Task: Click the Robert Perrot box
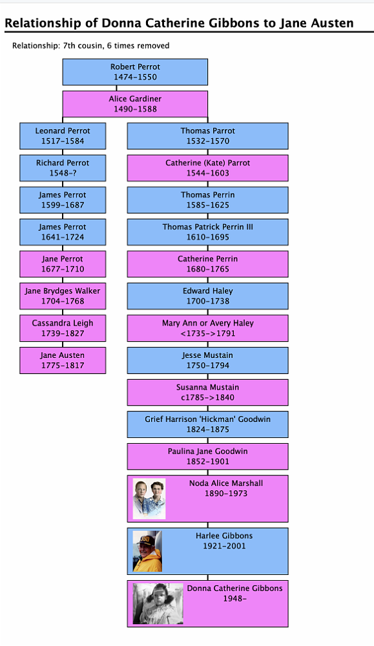tap(135, 72)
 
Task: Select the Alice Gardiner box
tap(135, 104)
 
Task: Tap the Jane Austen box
tap(63, 360)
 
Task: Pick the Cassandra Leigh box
tap(63, 328)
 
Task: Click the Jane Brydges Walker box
tap(63, 297)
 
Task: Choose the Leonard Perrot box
tap(63, 136)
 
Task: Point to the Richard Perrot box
tap(63, 168)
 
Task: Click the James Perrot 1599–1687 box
tap(63, 200)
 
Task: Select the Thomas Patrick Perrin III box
tap(207, 232)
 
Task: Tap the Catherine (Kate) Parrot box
tap(207, 168)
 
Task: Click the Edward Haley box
tap(207, 297)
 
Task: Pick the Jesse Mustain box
tap(207, 360)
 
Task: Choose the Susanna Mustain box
tap(207, 392)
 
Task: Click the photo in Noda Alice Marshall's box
tap(149, 499)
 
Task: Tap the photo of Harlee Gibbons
tap(147, 551)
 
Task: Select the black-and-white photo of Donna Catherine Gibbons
tap(158, 604)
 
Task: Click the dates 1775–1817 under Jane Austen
tap(63, 366)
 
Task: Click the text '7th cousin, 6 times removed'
tap(116, 46)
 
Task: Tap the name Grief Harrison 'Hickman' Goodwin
tap(207, 419)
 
